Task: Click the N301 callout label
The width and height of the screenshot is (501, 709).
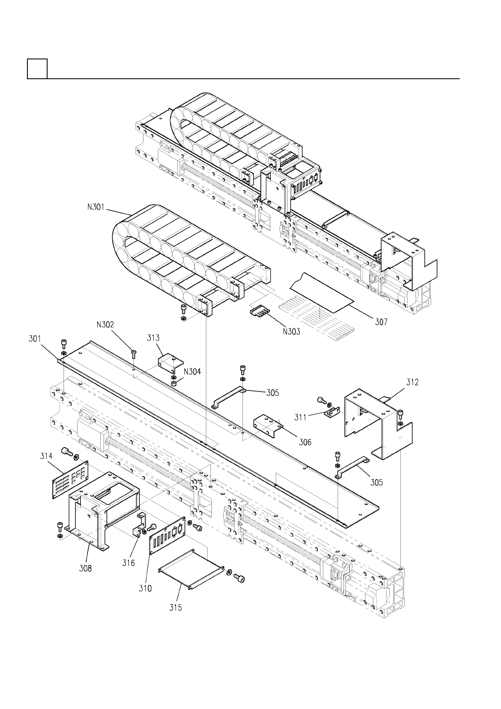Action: [x=96, y=208]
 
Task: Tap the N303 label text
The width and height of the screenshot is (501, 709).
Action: [x=291, y=331]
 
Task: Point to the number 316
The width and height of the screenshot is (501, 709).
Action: [x=129, y=562]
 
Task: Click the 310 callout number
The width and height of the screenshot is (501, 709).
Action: [x=145, y=588]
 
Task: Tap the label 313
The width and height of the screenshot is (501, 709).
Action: [x=153, y=338]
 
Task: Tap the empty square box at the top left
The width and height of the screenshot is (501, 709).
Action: [x=37, y=69]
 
